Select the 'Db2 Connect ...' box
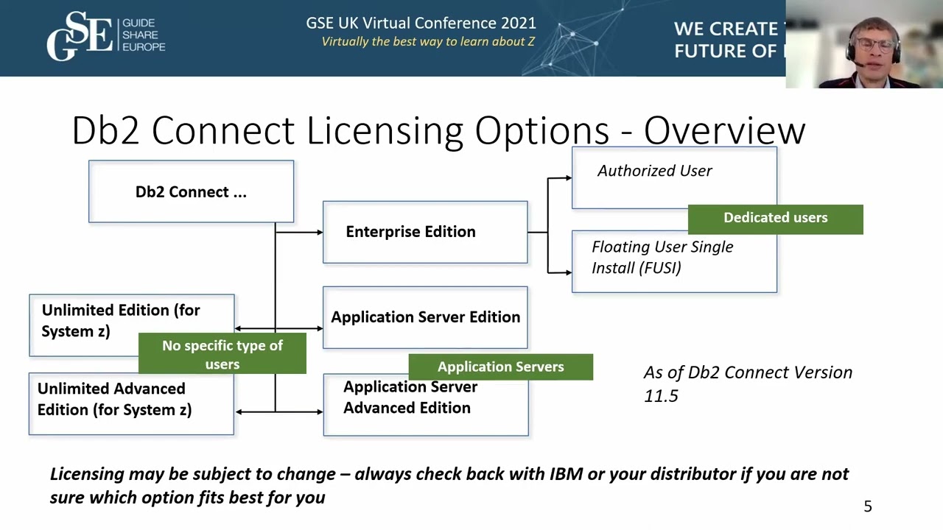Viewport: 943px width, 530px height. [x=191, y=191]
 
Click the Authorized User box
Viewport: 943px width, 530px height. [x=654, y=172]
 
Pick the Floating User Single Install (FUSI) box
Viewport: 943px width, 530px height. [x=663, y=258]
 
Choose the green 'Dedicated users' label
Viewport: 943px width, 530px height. [x=775, y=218]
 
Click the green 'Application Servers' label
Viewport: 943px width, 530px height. [x=500, y=367]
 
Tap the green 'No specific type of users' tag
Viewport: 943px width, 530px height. [x=222, y=355]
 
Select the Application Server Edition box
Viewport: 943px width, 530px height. [x=425, y=317]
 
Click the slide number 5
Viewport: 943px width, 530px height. [x=868, y=506]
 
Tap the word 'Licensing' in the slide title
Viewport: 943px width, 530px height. [x=385, y=131]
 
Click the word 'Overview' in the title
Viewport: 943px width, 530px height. [x=724, y=131]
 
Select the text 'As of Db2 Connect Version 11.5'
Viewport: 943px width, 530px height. [x=747, y=384]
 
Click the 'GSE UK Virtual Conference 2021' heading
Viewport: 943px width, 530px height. [x=421, y=23]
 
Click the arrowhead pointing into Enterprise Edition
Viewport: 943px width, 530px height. [x=319, y=233]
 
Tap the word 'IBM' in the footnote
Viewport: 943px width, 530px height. [x=567, y=474]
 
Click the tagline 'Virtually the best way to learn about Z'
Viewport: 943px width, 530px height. [x=428, y=42]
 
